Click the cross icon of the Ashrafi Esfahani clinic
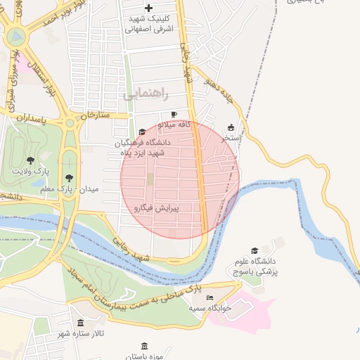148,7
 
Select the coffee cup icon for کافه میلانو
174,114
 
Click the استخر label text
231,139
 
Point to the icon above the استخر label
231,128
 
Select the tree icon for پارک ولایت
30,160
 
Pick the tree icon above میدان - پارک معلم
68,179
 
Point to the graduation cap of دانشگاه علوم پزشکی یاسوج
255,250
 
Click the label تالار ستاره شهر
81,333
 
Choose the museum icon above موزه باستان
144,346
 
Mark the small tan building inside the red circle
149,179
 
